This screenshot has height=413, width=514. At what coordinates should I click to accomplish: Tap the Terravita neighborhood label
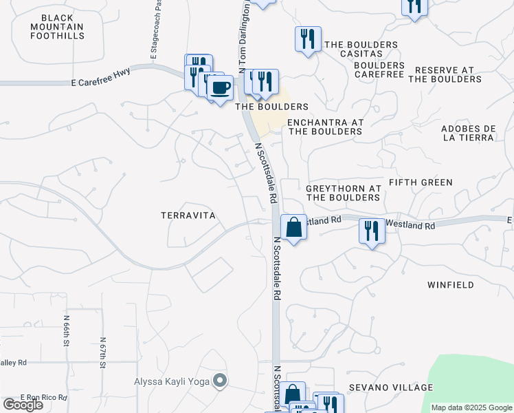click(x=188, y=215)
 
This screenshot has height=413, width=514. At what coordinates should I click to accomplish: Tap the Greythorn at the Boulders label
click(x=343, y=193)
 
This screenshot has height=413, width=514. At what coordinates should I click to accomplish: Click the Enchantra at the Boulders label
click(x=324, y=127)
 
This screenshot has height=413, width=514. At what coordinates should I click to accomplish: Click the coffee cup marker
click(x=220, y=88)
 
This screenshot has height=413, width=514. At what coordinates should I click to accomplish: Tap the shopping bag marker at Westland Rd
click(x=293, y=226)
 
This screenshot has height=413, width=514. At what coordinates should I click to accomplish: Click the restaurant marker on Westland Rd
click(x=372, y=230)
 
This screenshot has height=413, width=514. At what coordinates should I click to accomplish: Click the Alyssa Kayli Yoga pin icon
click(x=220, y=381)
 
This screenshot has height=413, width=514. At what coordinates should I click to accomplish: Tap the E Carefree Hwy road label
click(x=100, y=82)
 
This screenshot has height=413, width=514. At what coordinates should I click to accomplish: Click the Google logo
click(x=23, y=405)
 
